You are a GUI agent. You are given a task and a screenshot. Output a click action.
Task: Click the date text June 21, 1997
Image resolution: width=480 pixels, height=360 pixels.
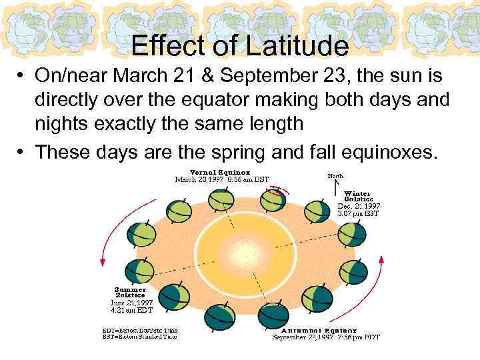click(131, 303)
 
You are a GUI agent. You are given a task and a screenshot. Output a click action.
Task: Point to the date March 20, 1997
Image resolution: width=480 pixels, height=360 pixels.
click(199, 179)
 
